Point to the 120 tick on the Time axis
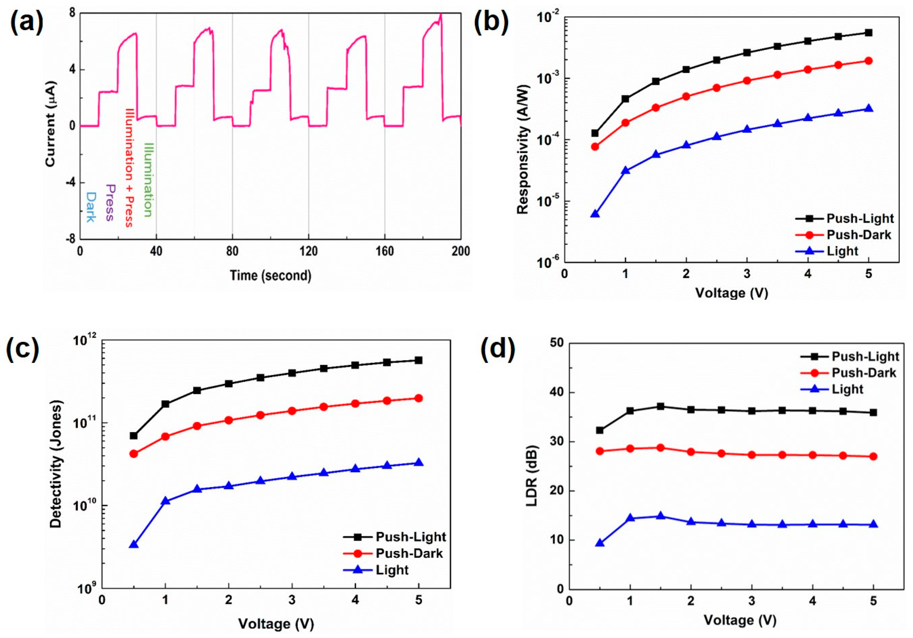tap(309, 251)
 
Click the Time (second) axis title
tap(271, 275)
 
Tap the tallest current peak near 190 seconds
tap(441, 15)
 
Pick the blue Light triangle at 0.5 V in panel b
tap(595, 214)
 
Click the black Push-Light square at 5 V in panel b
tap(868, 33)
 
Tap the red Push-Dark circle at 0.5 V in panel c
tap(134, 453)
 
